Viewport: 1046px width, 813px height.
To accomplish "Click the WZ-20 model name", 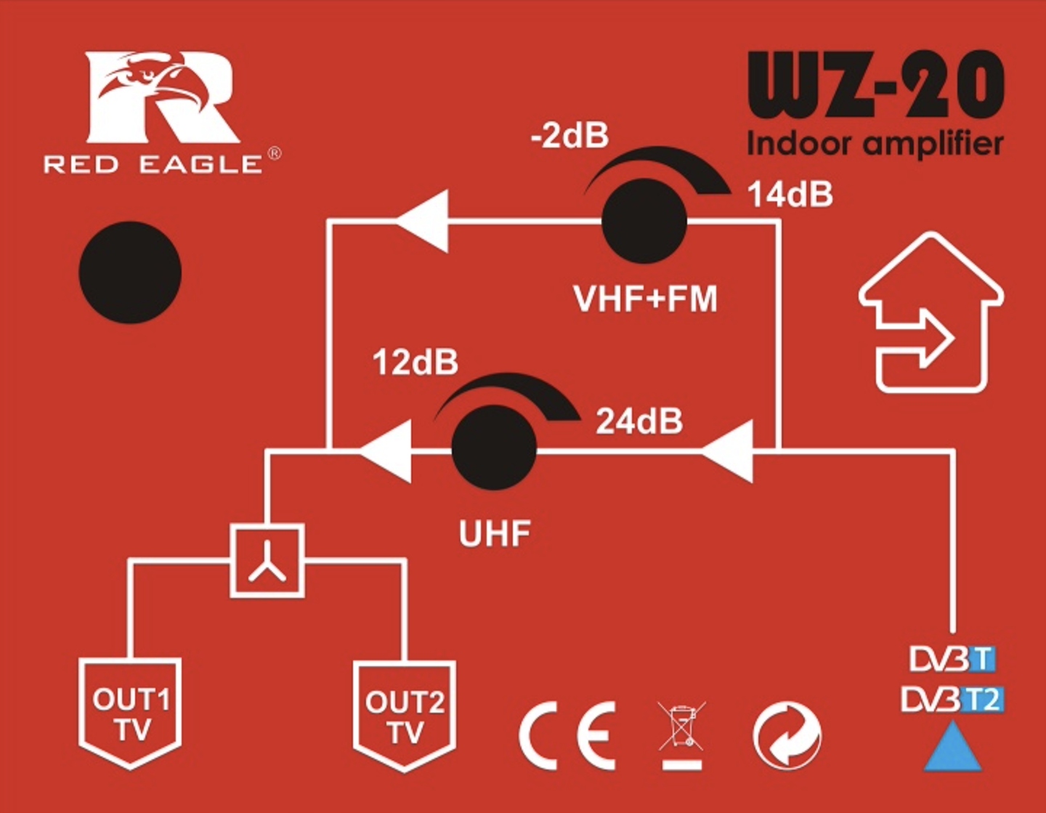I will pyautogui.click(x=875, y=86).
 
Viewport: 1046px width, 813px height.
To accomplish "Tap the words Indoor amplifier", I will pyautogui.click(x=875, y=144).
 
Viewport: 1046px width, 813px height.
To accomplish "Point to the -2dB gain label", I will pyautogui.click(x=569, y=136).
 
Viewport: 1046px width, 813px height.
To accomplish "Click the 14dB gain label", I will pyautogui.click(x=790, y=195).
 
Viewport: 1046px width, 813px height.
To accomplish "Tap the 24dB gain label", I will pyautogui.click(x=639, y=421).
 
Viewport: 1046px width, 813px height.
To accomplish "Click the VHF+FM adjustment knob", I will pyautogui.click(x=644, y=221).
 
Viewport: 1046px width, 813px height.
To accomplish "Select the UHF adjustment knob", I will pyautogui.click(x=494, y=448).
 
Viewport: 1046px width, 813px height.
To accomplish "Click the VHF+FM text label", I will pyautogui.click(x=645, y=299).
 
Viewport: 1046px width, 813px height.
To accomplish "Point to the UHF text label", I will pyautogui.click(x=494, y=534).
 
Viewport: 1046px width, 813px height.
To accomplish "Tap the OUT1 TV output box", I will pyautogui.click(x=130, y=713).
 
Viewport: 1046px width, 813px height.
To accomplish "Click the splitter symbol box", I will pyautogui.click(x=267, y=561).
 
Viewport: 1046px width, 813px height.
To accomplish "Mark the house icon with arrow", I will pyautogui.click(x=931, y=314).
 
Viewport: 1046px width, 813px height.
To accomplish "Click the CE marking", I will pyautogui.click(x=567, y=735).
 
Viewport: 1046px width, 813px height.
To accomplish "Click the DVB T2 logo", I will pyautogui.click(x=952, y=700).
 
